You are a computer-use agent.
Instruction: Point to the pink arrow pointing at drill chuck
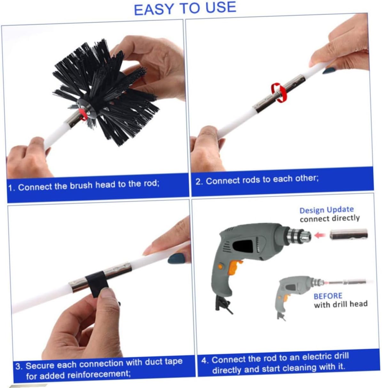[320, 235]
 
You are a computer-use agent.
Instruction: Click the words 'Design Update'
[326, 210]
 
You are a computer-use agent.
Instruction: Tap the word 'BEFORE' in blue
[328, 296]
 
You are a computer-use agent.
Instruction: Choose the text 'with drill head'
[340, 304]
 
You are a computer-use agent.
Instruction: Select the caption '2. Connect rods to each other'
[257, 180]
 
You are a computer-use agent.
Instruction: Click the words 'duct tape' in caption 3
[163, 362]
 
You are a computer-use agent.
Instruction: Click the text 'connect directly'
[330, 219]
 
